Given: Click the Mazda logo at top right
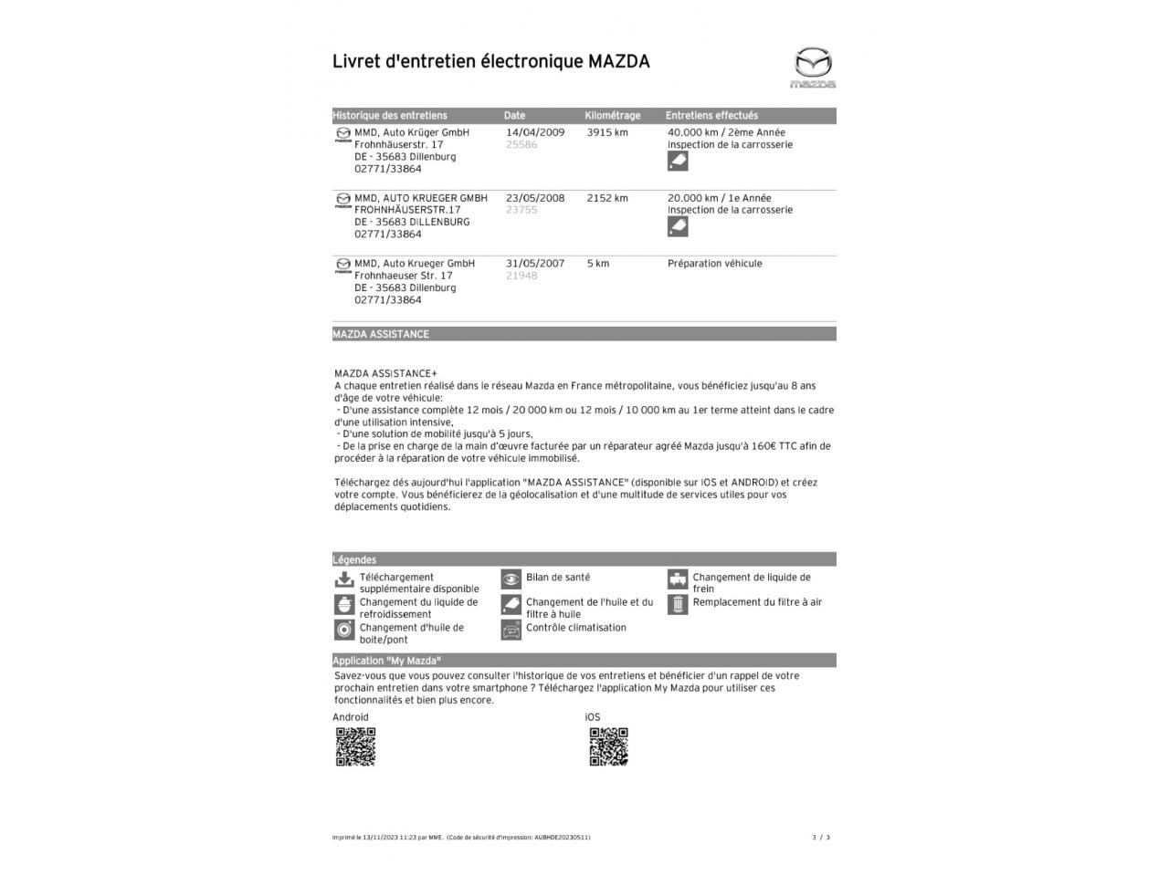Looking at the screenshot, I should coord(812,68).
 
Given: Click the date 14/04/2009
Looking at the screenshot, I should coord(535,132).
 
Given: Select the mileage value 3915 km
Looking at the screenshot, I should coord(607,132).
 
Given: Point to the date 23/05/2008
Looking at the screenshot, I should coord(535,198).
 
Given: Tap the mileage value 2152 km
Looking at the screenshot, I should coord(607,198).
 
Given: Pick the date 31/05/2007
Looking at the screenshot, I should coord(535,264).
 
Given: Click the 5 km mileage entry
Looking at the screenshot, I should coord(598,264).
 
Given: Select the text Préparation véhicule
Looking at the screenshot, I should coord(714,264).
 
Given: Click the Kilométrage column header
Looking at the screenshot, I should coord(612,116).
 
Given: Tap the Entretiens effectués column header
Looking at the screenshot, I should coord(711,116).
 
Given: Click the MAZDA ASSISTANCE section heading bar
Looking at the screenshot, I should coord(584,334).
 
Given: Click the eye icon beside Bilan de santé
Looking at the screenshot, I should coord(511,579).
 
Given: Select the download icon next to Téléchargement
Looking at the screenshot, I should coord(344,579).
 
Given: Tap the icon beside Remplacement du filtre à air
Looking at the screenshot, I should coord(677,604).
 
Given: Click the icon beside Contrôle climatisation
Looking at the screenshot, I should coord(511,630).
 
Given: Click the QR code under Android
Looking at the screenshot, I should coord(355,746).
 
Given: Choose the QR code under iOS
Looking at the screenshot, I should coord(608,746).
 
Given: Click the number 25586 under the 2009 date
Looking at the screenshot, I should coord(521,145).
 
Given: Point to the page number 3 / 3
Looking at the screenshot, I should coord(821,837).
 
